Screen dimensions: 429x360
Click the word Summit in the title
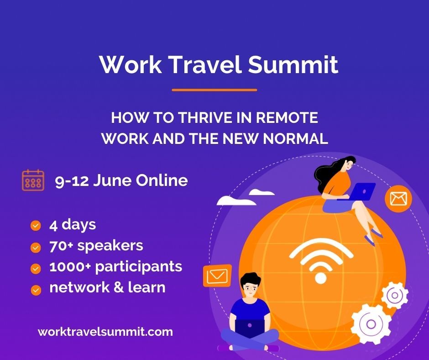(293, 65)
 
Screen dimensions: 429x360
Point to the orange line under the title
(214, 90)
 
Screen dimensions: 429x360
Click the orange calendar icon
(33, 180)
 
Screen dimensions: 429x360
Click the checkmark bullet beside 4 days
(36, 226)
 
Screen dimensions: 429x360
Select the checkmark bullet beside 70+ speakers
(36, 247)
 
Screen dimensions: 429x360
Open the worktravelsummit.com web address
(105, 332)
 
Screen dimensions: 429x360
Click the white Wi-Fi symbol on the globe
(321, 261)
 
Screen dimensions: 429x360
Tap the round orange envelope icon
(398, 199)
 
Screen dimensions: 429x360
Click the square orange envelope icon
(217, 275)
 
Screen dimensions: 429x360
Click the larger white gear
(371, 324)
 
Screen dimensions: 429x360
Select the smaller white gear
(395, 295)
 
